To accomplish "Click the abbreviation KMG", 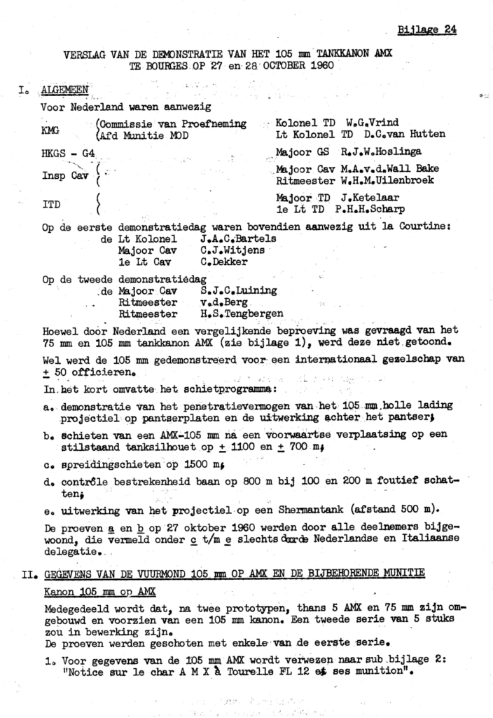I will point(50,129).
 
